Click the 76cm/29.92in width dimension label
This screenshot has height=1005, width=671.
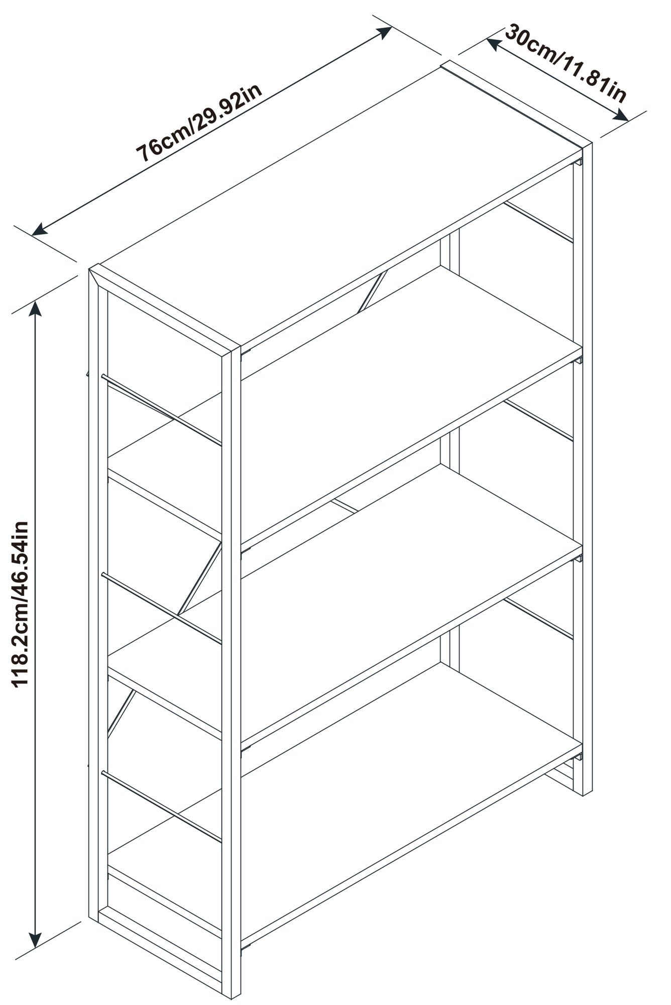(x=200, y=123)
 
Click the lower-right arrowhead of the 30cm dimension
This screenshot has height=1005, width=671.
(x=621, y=116)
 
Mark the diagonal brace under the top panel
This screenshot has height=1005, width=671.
(x=374, y=291)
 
